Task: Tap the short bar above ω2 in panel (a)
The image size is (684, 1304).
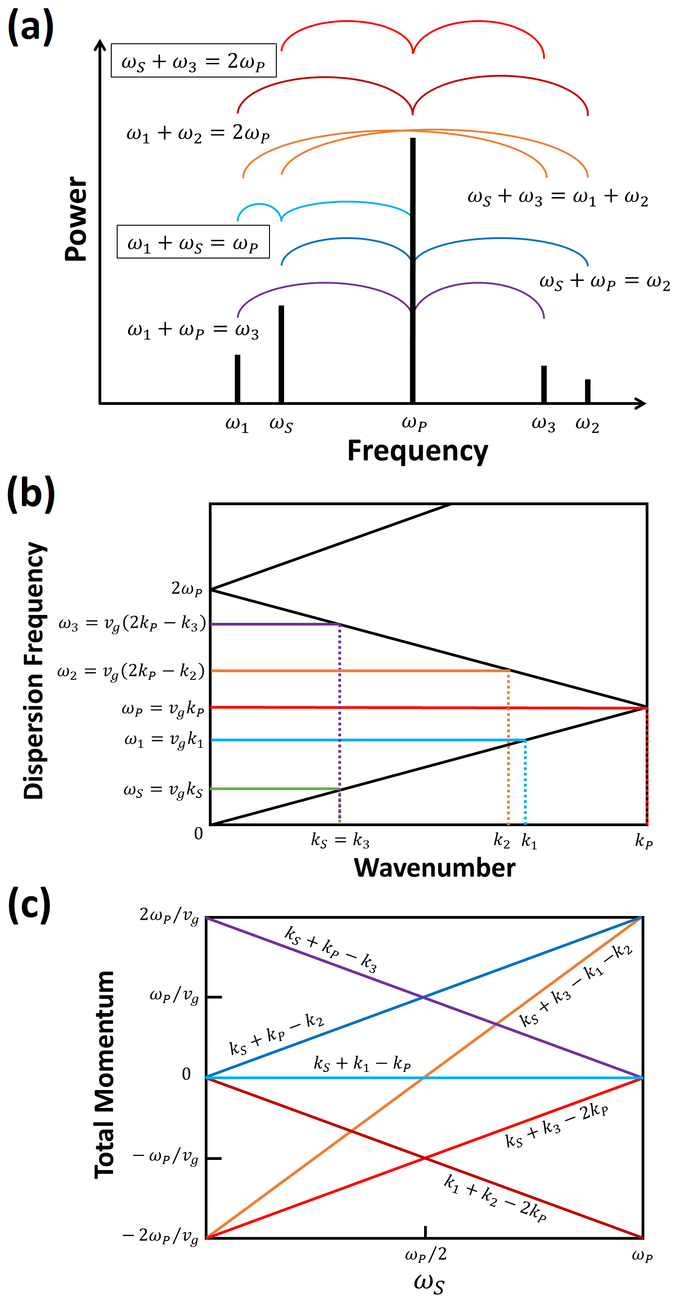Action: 587,391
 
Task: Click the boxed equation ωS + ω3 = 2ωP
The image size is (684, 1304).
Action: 193,61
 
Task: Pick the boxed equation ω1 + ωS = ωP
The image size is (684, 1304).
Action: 193,242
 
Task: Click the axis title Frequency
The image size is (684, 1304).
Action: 418,450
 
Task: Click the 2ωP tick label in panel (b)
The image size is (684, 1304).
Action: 187,588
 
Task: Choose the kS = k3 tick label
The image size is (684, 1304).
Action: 340,841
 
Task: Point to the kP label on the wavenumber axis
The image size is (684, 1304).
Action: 643,841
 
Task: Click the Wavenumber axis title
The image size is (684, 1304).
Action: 435,868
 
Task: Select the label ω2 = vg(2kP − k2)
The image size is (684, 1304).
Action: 130,671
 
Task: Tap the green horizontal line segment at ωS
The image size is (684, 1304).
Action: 274,789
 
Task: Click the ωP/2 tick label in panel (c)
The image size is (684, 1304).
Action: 426,1254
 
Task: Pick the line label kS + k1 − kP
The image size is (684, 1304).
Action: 362,1063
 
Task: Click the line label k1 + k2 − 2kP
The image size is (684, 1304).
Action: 495,1198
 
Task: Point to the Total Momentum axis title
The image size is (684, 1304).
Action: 104,1075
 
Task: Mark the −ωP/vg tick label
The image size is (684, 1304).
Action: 166,1157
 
